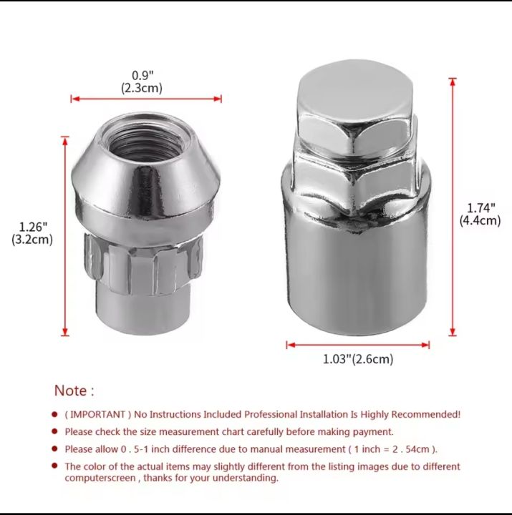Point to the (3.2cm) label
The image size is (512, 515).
tap(32, 240)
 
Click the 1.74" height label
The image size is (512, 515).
tap(480, 209)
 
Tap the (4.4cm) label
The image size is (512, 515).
tap(480, 221)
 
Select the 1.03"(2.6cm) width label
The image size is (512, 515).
tap(358, 359)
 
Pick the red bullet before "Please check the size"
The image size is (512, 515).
tap(54, 432)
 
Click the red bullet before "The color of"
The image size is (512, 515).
tap(54, 466)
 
